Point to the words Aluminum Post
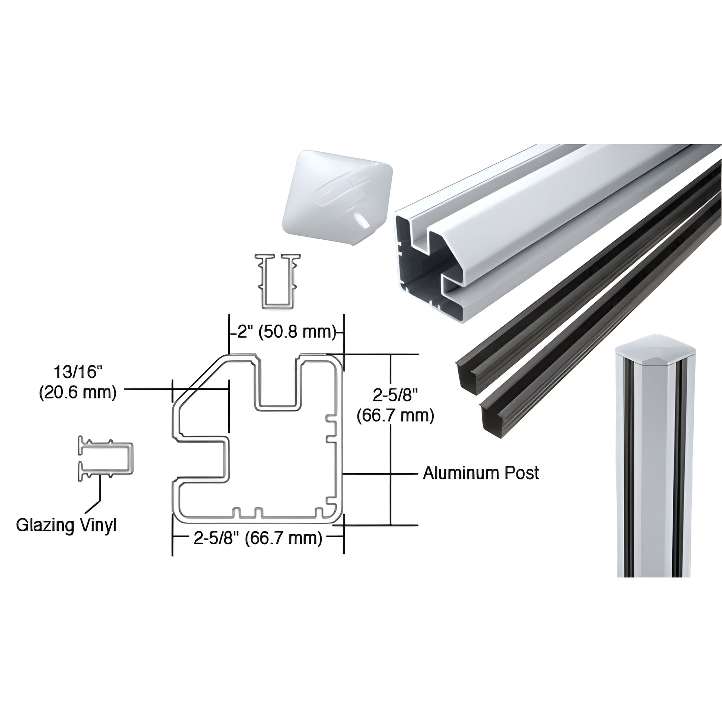481,473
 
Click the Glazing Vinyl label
66,525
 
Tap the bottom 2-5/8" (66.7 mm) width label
258,538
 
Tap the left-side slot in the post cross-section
202,460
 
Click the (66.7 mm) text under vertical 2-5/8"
396,416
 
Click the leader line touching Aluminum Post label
381,473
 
